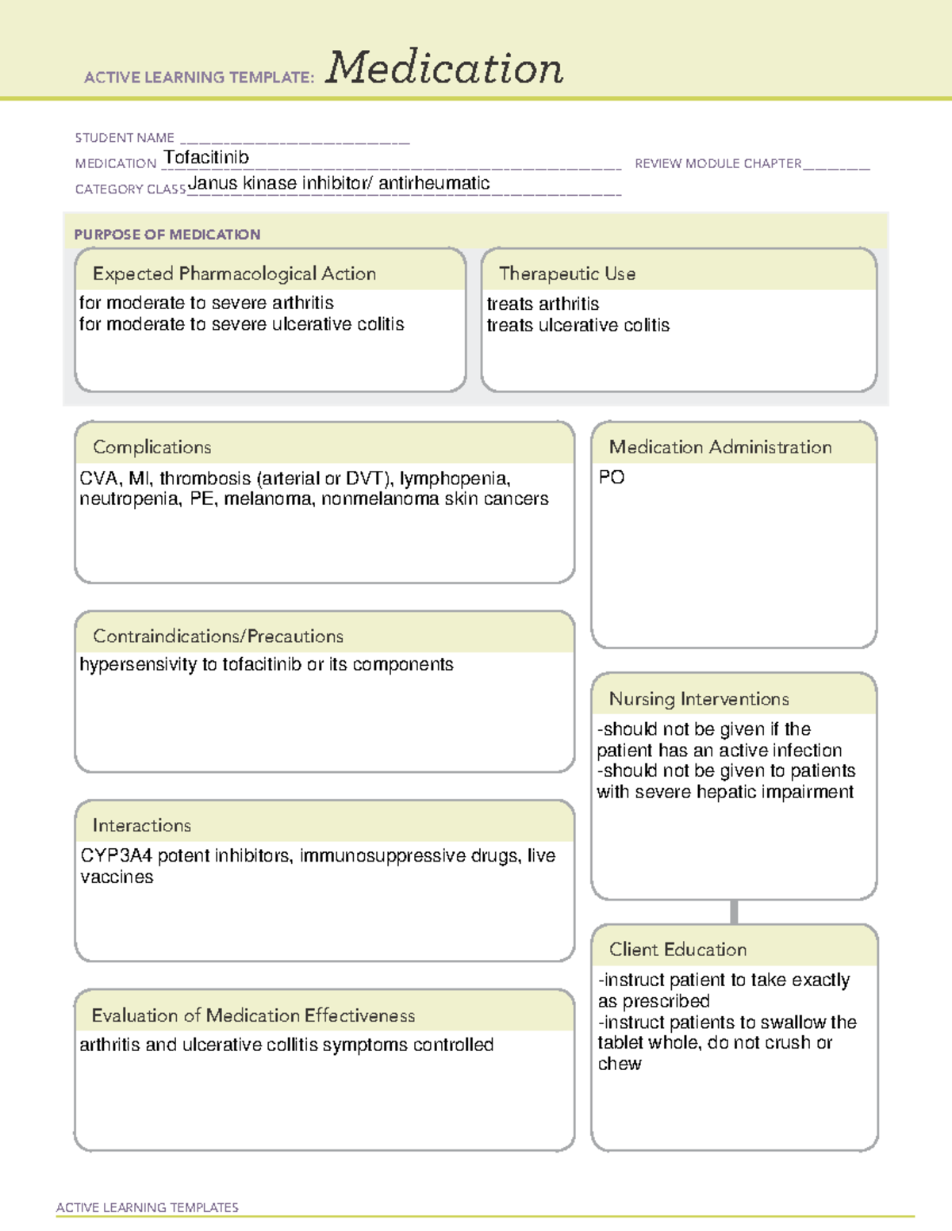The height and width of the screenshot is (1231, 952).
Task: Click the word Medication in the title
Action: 444,68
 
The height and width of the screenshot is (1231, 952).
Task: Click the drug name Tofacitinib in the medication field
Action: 206,158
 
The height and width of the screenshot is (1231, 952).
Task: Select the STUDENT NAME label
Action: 125,138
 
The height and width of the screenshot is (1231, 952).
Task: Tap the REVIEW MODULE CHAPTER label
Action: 718,163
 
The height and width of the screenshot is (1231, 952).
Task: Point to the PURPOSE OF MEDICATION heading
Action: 167,235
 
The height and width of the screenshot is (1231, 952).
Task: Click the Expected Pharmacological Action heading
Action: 234,273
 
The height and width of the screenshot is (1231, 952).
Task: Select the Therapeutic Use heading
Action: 567,273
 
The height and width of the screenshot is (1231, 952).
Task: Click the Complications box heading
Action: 152,447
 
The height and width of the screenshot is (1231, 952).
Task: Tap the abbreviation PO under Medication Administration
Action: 612,477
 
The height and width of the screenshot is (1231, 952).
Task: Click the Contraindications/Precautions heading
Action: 218,637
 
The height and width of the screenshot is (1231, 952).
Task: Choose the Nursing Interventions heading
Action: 699,699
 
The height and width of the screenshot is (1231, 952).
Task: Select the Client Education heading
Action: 678,950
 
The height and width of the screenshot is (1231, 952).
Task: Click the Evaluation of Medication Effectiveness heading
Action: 253,1015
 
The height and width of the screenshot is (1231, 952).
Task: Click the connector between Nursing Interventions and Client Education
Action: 734,912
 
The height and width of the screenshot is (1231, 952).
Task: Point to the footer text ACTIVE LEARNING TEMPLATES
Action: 148,1207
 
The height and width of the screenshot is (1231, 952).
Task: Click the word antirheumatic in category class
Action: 434,183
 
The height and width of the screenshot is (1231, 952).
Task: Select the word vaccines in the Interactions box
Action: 117,877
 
